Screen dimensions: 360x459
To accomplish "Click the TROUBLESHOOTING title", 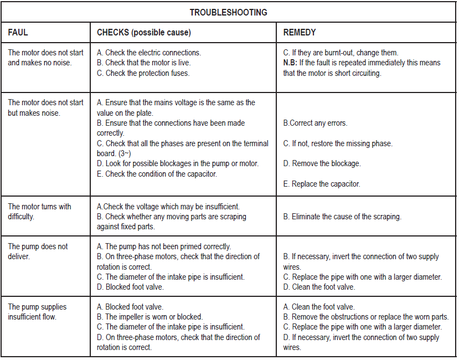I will [229, 12].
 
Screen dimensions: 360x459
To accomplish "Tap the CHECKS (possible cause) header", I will [143, 33].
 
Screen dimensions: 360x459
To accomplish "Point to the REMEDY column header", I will [300, 33].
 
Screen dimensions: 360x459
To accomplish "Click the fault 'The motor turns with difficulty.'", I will [39, 212].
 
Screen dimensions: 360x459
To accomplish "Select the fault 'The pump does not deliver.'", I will [38, 251].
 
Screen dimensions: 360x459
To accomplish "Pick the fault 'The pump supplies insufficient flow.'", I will [37, 312].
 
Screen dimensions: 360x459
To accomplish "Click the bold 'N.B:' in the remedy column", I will [290, 63].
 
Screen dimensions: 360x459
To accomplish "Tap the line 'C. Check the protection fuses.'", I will [143, 73].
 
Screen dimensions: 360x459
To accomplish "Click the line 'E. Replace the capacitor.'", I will [321, 184].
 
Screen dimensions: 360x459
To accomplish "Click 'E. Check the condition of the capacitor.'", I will [157, 174].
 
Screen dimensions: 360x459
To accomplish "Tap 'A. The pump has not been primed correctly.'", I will [163, 246].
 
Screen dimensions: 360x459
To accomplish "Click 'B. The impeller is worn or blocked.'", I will [149, 317].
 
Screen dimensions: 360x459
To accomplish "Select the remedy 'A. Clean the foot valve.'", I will [319, 307].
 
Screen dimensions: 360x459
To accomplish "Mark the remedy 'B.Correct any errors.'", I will [315, 123].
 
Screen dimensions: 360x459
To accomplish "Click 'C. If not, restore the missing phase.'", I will [338, 143].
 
